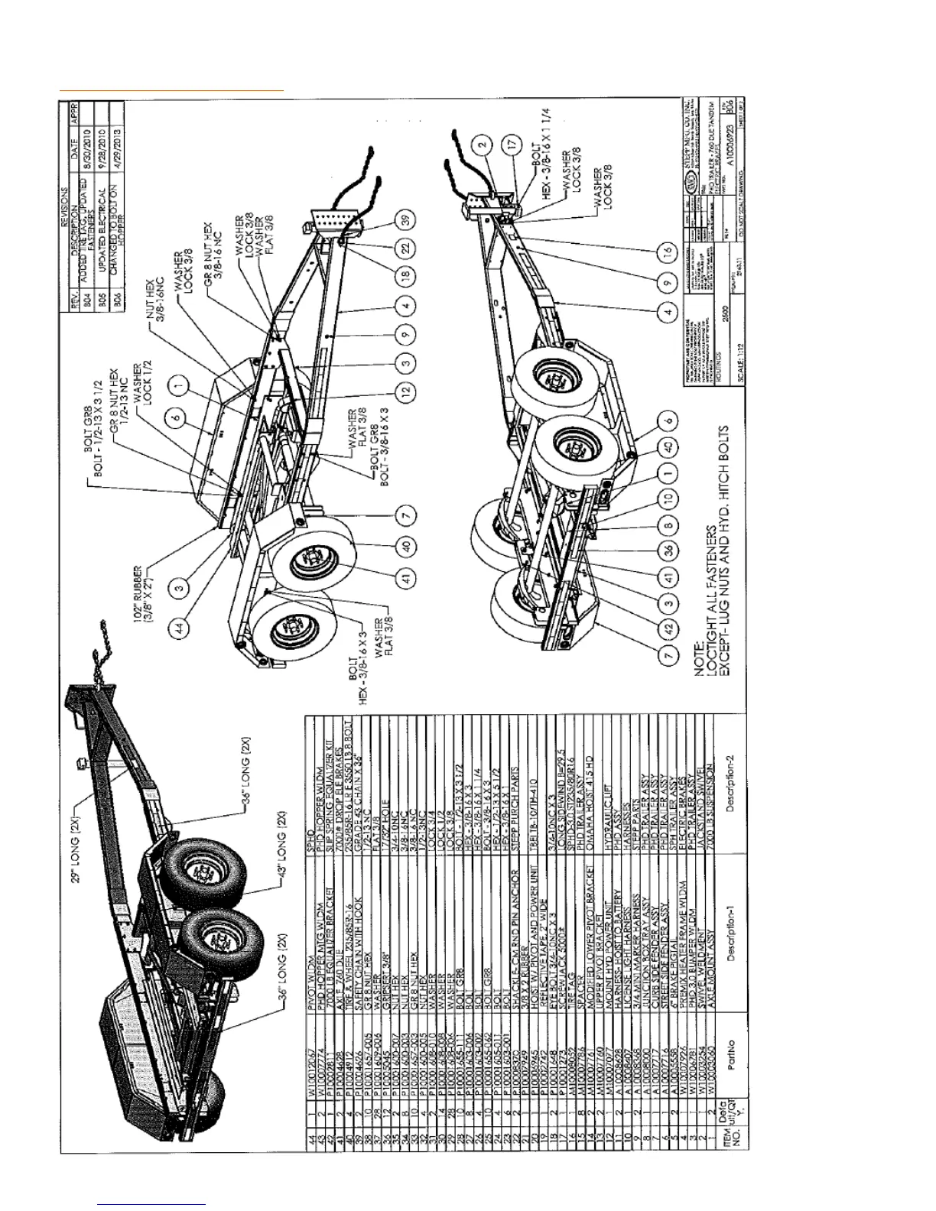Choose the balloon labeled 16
[668, 252]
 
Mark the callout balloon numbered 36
[668, 550]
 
